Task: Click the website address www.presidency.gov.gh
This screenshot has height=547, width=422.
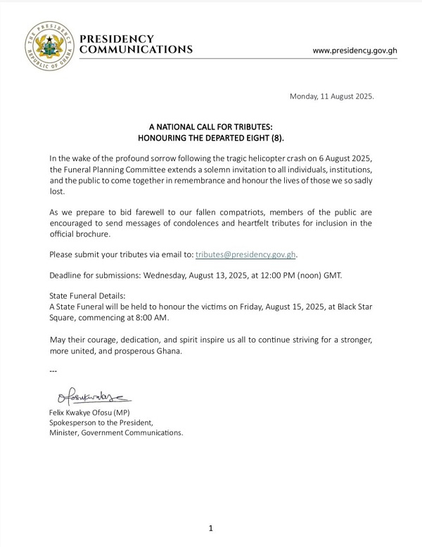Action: pyautogui.click(x=356, y=51)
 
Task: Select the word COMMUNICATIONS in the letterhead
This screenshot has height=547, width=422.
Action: pyautogui.click(x=136, y=50)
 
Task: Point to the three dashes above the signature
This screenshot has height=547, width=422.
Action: pyautogui.click(x=53, y=370)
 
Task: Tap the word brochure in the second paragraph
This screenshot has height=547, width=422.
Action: pyautogui.click(x=96, y=233)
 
